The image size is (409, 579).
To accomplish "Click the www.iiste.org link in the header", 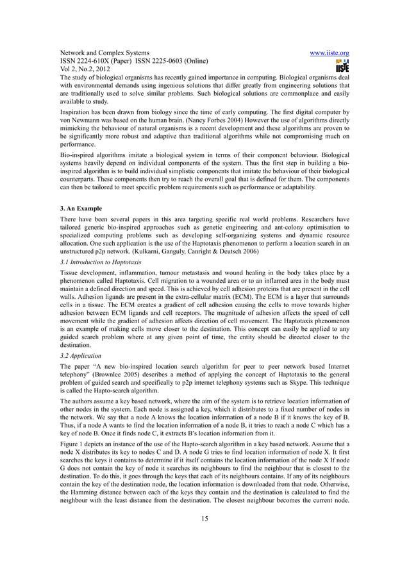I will pyautogui.click(x=327, y=53).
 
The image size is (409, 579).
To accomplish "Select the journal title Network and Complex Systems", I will pyautogui.click(x=105, y=53).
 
